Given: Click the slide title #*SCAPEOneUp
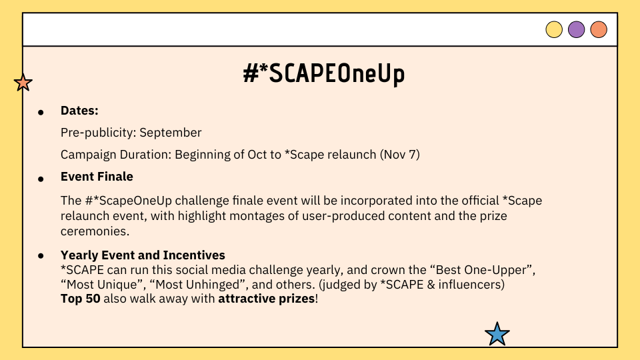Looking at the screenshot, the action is click(x=324, y=74).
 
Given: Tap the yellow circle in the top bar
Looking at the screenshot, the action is click(x=554, y=29).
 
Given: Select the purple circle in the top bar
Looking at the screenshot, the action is click(x=576, y=29).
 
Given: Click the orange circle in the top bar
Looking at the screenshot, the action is click(x=599, y=29).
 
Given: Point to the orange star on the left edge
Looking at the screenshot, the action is click(x=23, y=83).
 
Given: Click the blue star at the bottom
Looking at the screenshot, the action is click(x=497, y=334).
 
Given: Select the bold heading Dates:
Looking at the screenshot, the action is click(x=79, y=111).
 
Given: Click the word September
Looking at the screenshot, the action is click(x=170, y=133).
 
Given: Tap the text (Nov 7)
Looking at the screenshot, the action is click(x=399, y=155).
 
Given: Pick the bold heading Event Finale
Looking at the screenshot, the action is click(x=97, y=176).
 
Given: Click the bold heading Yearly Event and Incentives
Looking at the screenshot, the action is click(x=143, y=255).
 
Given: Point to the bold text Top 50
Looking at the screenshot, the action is click(x=81, y=299).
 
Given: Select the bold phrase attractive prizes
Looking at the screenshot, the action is click(x=267, y=299).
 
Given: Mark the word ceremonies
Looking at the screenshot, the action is click(x=95, y=231).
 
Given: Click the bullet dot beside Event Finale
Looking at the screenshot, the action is click(x=41, y=179).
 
